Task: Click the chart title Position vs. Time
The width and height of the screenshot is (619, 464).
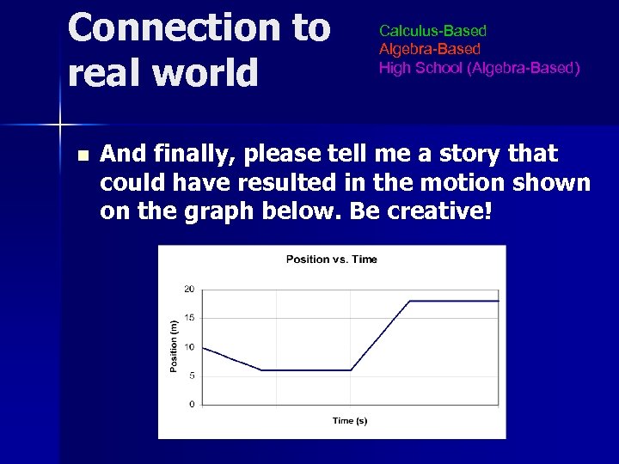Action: (x=331, y=259)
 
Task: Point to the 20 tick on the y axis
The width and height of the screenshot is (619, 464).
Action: (x=189, y=289)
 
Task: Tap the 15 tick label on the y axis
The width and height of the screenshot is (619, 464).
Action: (x=189, y=318)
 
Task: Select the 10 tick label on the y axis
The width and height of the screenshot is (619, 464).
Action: (x=189, y=346)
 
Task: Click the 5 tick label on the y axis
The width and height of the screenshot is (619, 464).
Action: (x=191, y=375)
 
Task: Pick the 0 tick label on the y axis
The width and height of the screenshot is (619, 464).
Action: (x=191, y=404)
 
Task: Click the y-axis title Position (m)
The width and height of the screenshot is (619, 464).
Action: (x=174, y=346)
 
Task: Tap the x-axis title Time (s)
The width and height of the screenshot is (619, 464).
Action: (x=350, y=420)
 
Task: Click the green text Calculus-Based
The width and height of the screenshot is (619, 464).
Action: (x=432, y=32)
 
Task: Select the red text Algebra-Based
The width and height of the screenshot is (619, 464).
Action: (x=430, y=50)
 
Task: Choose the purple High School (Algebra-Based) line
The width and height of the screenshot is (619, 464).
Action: (x=479, y=68)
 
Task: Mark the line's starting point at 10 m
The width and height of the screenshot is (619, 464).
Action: (x=203, y=347)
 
